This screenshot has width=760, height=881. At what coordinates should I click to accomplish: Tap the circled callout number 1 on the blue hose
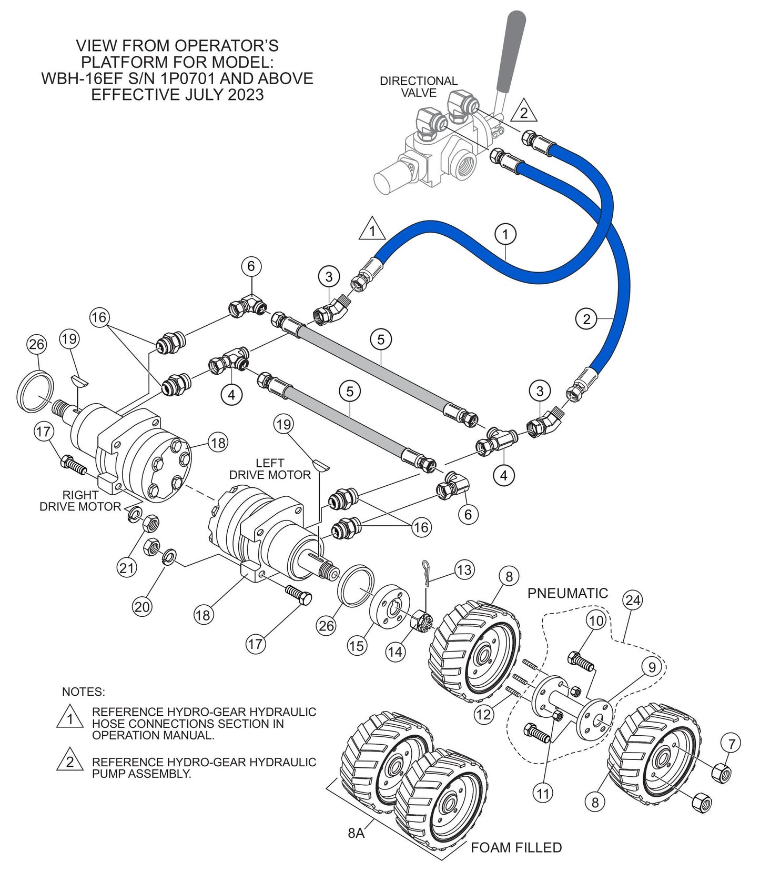tap(505, 234)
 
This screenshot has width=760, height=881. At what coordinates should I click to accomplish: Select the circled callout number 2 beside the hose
tap(586, 318)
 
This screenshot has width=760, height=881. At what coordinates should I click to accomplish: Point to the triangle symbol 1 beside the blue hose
tap(372, 231)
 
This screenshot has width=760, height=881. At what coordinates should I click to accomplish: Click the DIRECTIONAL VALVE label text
tap(418, 87)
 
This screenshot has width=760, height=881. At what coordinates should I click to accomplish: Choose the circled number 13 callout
tap(464, 569)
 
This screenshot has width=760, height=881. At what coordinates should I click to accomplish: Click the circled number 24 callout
tap(633, 600)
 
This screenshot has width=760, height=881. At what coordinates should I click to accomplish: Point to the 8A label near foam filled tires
tap(356, 833)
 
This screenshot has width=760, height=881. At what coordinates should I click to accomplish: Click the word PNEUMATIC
tap(567, 593)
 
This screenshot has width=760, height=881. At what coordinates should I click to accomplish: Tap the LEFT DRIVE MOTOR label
tap(270, 469)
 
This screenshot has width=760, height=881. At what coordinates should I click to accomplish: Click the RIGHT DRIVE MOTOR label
tap(80, 500)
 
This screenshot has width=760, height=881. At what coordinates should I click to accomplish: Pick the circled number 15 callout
tap(356, 645)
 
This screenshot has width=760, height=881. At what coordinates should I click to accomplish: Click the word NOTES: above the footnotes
tap(83, 691)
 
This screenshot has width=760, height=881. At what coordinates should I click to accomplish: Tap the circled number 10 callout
tap(596, 620)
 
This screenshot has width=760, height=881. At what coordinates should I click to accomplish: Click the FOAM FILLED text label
tap(516, 847)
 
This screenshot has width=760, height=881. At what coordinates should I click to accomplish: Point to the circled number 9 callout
tap(652, 667)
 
